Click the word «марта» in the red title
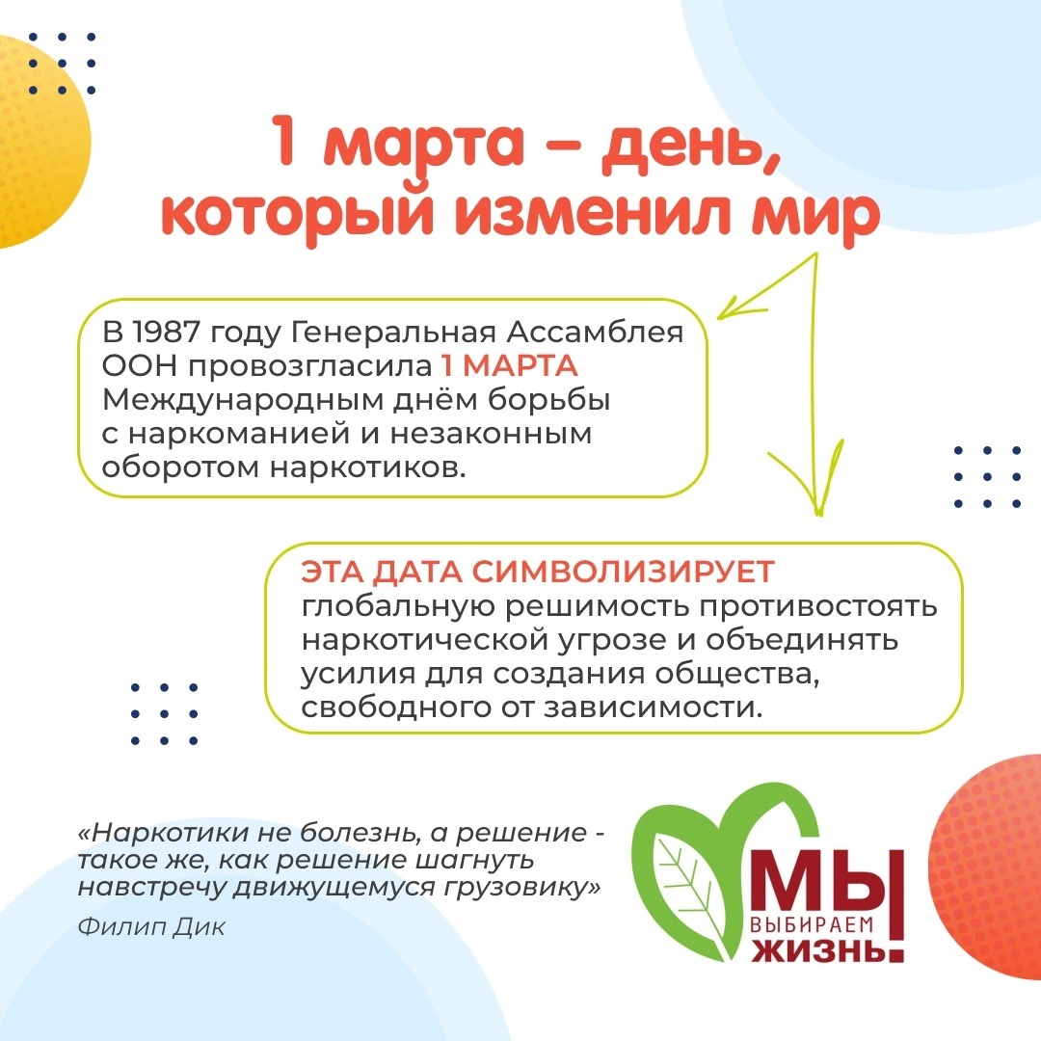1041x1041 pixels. pyautogui.click(x=424, y=143)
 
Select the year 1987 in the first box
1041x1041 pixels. pyautogui.click(x=166, y=332)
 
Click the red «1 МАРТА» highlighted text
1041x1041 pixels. pyautogui.click(x=509, y=366)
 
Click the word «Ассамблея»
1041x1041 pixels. pyautogui.click(x=594, y=332)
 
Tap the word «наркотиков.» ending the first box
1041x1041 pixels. pyautogui.click(x=368, y=467)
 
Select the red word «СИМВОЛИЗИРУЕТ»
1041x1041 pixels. pyautogui.click(x=624, y=572)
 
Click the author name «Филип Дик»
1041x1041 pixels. pyautogui.click(x=151, y=926)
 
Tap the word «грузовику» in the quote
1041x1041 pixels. pyautogui.click(x=522, y=887)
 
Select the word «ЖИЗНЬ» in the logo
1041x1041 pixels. pyautogui.click(x=818, y=949)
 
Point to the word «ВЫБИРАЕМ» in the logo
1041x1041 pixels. pyautogui.click(x=811, y=924)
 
